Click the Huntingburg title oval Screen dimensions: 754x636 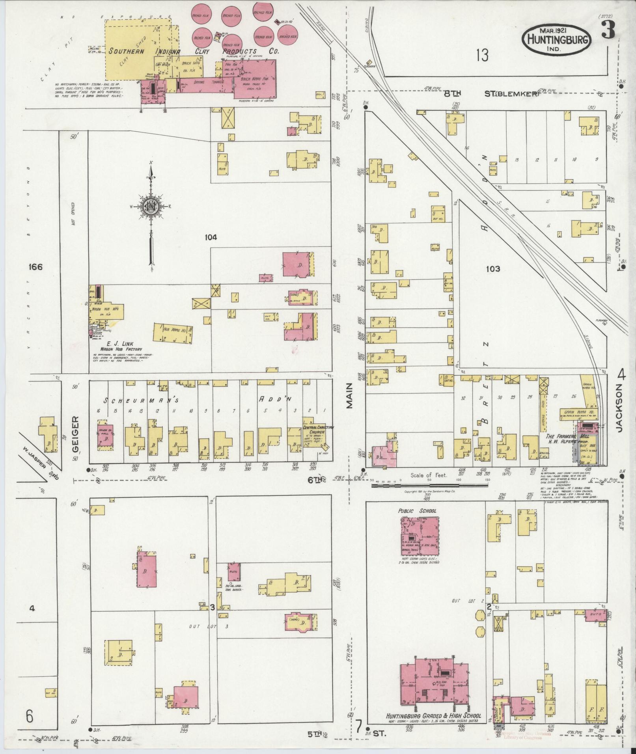[x=556, y=39]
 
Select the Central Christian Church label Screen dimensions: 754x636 [x=318, y=429]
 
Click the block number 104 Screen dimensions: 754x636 [x=211, y=237]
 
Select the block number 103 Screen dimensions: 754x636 [x=493, y=269]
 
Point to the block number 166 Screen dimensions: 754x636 [x=35, y=267]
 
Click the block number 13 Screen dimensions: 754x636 [x=481, y=56]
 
